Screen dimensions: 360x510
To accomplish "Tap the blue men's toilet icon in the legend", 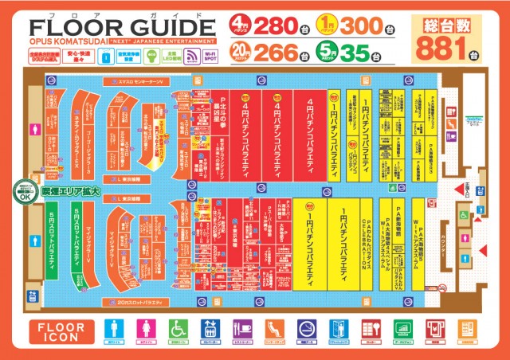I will click(x=116, y=331).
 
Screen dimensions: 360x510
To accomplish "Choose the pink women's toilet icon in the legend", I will click(x=147, y=331).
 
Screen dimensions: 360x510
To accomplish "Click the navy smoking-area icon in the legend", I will click(x=306, y=331).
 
